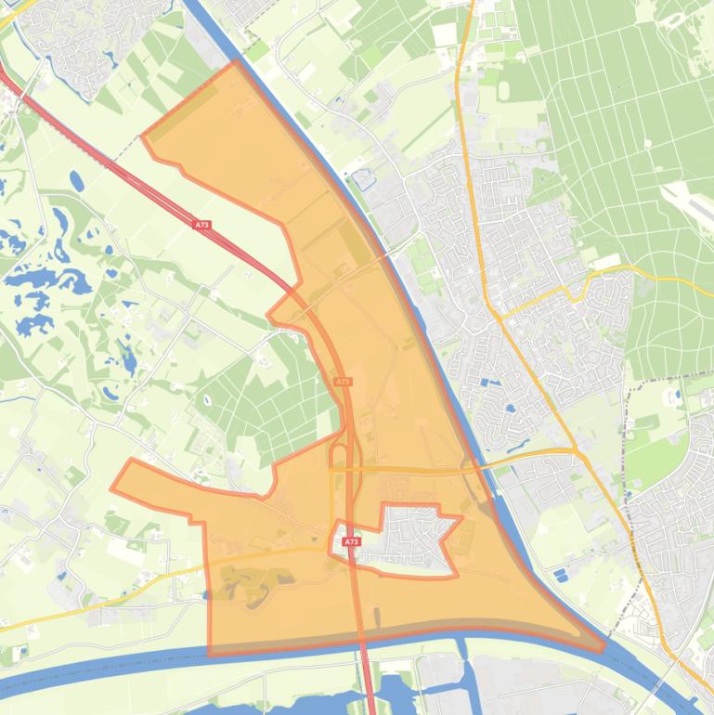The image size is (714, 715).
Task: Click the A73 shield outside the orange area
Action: (x=202, y=225)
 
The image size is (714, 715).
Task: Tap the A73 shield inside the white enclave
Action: (x=350, y=541)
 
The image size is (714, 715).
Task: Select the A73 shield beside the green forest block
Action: (x=343, y=382)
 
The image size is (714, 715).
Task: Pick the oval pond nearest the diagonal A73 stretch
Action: (x=75, y=179)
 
